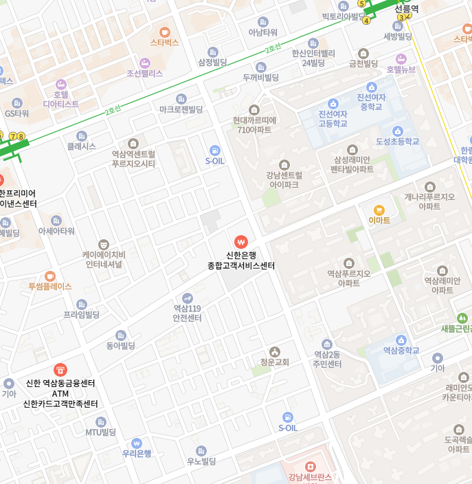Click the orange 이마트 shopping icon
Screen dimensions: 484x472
point(379,210)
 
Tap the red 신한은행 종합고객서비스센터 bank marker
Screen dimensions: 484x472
point(240,242)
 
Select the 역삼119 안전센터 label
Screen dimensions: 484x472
point(187,313)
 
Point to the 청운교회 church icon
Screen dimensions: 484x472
point(275,351)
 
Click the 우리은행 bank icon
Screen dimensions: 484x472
point(137,443)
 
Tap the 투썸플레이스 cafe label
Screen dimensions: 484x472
point(49,286)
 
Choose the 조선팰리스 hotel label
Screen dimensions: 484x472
point(144,73)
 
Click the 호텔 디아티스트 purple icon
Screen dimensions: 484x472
point(61,84)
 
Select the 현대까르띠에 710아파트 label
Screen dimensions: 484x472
point(254,124)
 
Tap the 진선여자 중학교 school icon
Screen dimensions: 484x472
point(371,87)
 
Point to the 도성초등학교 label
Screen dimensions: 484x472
point(397,142)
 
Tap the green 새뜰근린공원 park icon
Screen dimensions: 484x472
point(462,318)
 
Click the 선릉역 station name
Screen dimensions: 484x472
point(406,9)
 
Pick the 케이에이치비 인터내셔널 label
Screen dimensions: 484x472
point(103,258)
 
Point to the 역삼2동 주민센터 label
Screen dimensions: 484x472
point(327,359)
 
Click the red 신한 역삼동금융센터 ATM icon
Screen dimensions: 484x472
point(60,370)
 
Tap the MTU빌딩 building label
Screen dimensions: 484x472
point(101,432)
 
